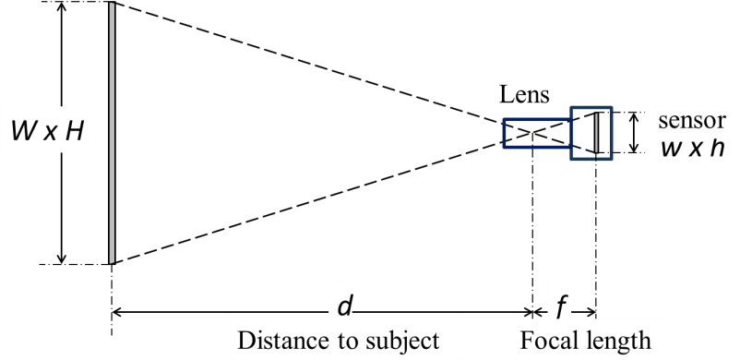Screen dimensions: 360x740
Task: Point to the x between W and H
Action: pos(50,135)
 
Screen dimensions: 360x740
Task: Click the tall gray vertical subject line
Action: pos(112,133)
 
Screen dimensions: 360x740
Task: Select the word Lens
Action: pos(524,94)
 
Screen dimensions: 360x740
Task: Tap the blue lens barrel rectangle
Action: pos(536,133)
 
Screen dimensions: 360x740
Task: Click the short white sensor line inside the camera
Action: pos(596,133)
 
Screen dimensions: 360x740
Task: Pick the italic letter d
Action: pos(345,306)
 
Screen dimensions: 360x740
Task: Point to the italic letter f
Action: pos(559,306)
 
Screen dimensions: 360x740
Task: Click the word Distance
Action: pos(280,340)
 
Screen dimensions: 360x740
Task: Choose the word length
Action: pos(618,340)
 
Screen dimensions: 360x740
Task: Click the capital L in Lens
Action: pos(507,94)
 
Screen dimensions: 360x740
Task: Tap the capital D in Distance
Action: pos(246,340)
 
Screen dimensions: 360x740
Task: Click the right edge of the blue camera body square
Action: pos(610,133)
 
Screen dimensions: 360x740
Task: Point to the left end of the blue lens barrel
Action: pos(504,133)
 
